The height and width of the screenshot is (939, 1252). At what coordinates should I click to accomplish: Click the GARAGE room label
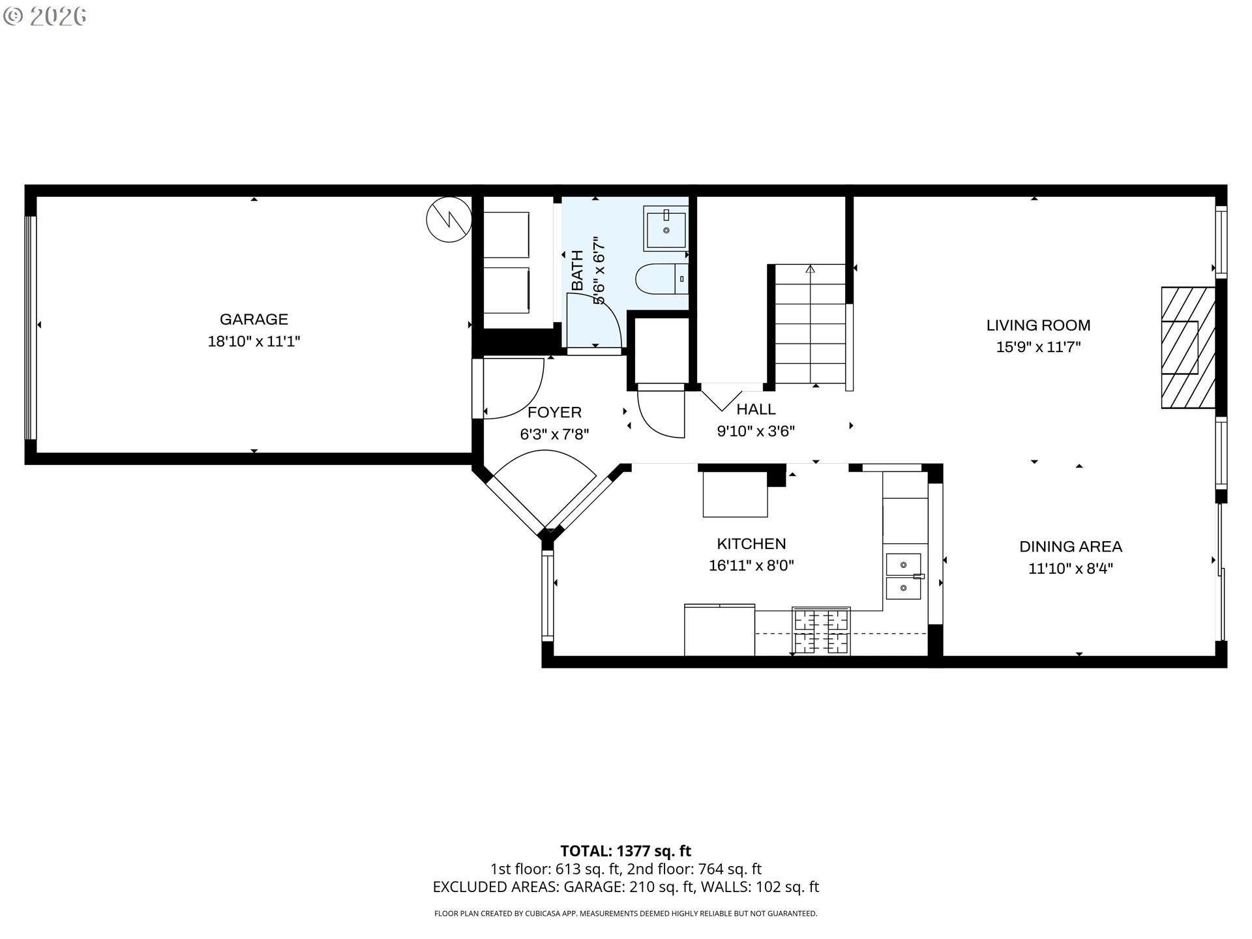tap(254, 320)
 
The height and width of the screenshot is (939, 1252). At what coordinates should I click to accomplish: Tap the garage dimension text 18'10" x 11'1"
tap(254, 342)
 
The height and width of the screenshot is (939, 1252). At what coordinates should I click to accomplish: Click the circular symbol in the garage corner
tap(449, 220)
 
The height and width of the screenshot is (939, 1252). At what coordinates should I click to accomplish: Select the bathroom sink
tap(666, 228)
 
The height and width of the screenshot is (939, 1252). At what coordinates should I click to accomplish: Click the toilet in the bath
tap(661, 279)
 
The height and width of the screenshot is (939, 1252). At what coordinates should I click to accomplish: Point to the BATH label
tap(577, 270)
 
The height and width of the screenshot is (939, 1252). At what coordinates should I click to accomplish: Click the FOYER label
tap(554, 412)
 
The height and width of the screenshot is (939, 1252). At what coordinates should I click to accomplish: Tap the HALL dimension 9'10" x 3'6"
tap(756, 431)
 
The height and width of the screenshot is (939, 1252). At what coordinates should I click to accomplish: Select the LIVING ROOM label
tap(1038, 325)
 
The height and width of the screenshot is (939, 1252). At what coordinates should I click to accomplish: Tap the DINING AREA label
tap(1070, 546)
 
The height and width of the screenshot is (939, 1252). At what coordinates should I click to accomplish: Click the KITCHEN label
tap(751, 544)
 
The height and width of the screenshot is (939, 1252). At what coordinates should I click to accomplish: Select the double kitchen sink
tap(903, 576)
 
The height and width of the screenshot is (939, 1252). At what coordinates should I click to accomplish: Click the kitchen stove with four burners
tap(821, 631)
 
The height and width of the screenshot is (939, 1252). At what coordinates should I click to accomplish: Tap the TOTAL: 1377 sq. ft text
tap(625, 851)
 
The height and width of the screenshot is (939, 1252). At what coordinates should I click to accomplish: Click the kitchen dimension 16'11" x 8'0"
tap(751, 565)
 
